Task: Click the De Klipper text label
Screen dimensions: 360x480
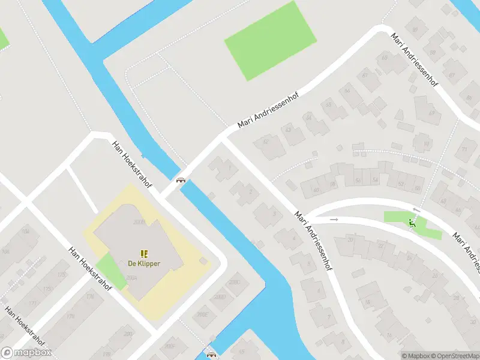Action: tap(144, 263)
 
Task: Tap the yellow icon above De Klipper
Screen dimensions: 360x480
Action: tap(144, 254)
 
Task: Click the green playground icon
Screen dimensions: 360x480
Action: tap(412, 223)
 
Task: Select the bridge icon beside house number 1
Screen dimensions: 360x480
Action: tap(180, 180)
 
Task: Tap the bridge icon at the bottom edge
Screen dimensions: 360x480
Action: tap(211, 353)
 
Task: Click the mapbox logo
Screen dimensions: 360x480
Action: tap(26, 352)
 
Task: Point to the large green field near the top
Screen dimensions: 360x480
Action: tap(271, 40)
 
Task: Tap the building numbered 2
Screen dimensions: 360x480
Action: tap(246, 191)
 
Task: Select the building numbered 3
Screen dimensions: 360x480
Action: tap(268, 213)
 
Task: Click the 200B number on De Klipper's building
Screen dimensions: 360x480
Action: tap(139, 222)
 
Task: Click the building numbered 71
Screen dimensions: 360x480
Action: tap(466, 149)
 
